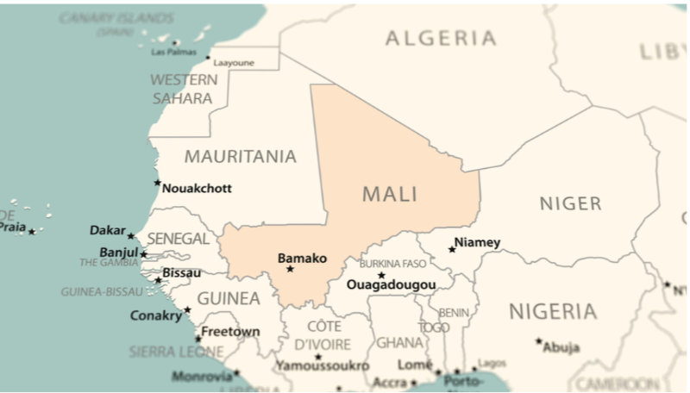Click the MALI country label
pyautogui.click(x=390, y=194)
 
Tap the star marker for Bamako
pyautogui.click(x=290, y=269)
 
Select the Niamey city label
pyautogui.click(x=477, y=242)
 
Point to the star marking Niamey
pyautogui.click(x=452, y=249)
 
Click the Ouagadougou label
pyautogui.click(x=391, y=284)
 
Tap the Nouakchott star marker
pyautogui.click(x=157, y=183)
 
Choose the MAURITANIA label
pyautogui.click(x=240, y=157)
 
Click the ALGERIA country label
pyautogui.click(x=441, y=38)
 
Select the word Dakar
pyautogui.click(x=107, y=230)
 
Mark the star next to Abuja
pyautogui.click(x=539, y=341)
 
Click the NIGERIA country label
pyautogui.click(x=552, y=311)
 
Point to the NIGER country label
pyautogui.click(x=570, y=203)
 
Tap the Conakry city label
pyautogui.click(x=155, y=315)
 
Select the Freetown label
pyautogui.click(x=230, y=332)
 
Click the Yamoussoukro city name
pyautogui.click(x=323, y=366)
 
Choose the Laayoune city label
pyautogui.click(x=234, y=63)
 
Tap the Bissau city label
pyautogui.click(x=182, y=273)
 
